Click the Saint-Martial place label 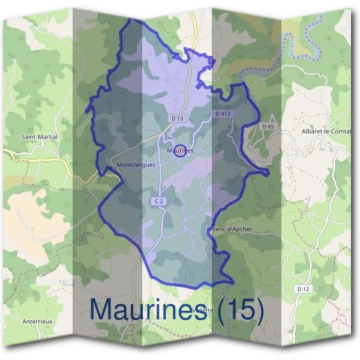click(40, 137)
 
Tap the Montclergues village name click(136, 164)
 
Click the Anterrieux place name click(37, 322)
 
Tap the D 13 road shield click(177, 119)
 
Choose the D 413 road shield click(222, 113)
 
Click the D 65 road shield click(268, 127)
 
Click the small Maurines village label click(180, 151)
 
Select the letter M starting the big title click(103, 310)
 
